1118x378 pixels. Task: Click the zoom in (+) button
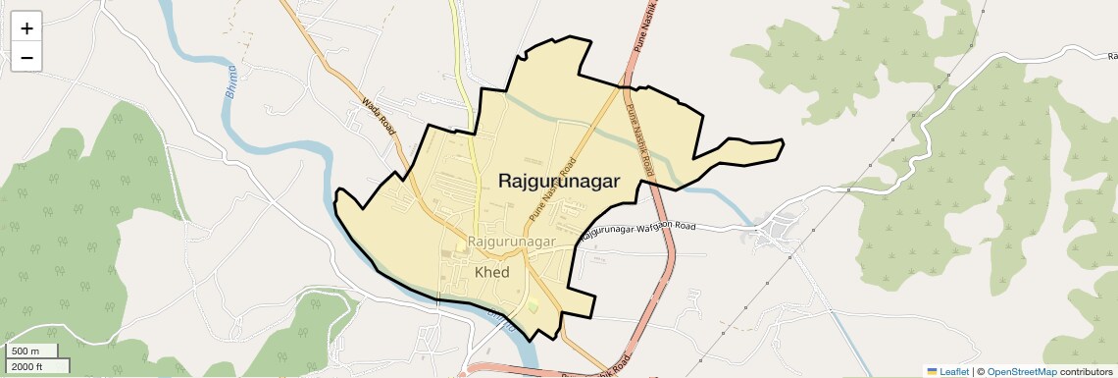(x=26, y=28)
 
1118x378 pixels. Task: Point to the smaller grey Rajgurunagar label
(x=512, y=241)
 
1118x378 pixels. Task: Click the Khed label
(x=491, y=272)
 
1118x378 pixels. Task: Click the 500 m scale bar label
(x=26, y=351)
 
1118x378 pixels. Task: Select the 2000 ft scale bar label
(x=26, y=366)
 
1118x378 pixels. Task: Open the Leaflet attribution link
(x=947, y=371)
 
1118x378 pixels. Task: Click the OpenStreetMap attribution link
(x=1021, y=371)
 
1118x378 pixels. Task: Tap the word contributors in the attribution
(x=1086, y=371)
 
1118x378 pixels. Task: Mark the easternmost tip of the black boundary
(x=784, y=143)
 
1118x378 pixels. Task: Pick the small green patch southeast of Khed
(x=534, y=308)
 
